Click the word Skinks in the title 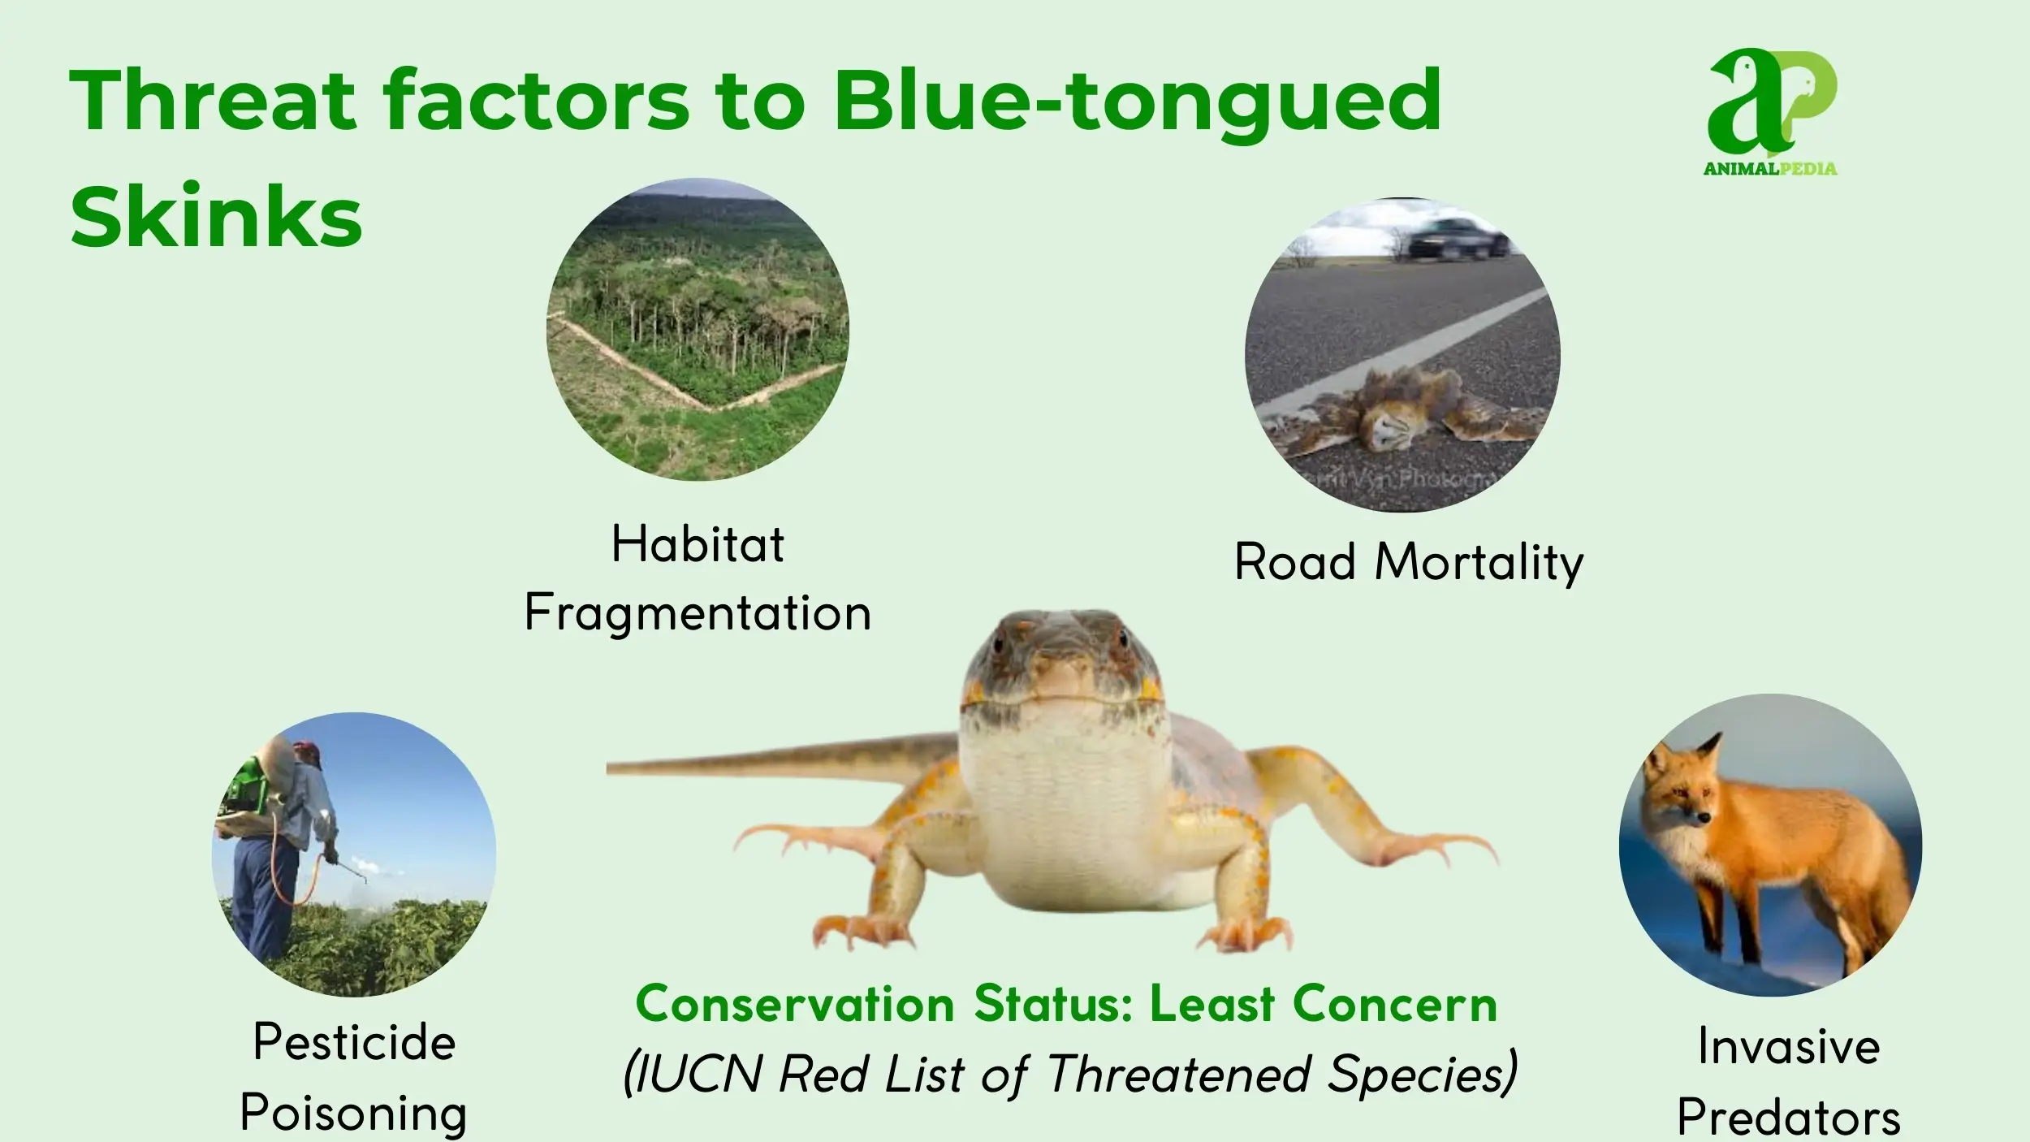pos(216,216)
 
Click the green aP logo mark pos(1772,102)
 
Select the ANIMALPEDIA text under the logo pos(1770,169)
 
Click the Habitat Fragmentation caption pos(698,577)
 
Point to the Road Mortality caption pos(1409,562)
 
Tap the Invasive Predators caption pos(1790,1080)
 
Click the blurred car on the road pos(1457,239)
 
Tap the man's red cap pos(308,752)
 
